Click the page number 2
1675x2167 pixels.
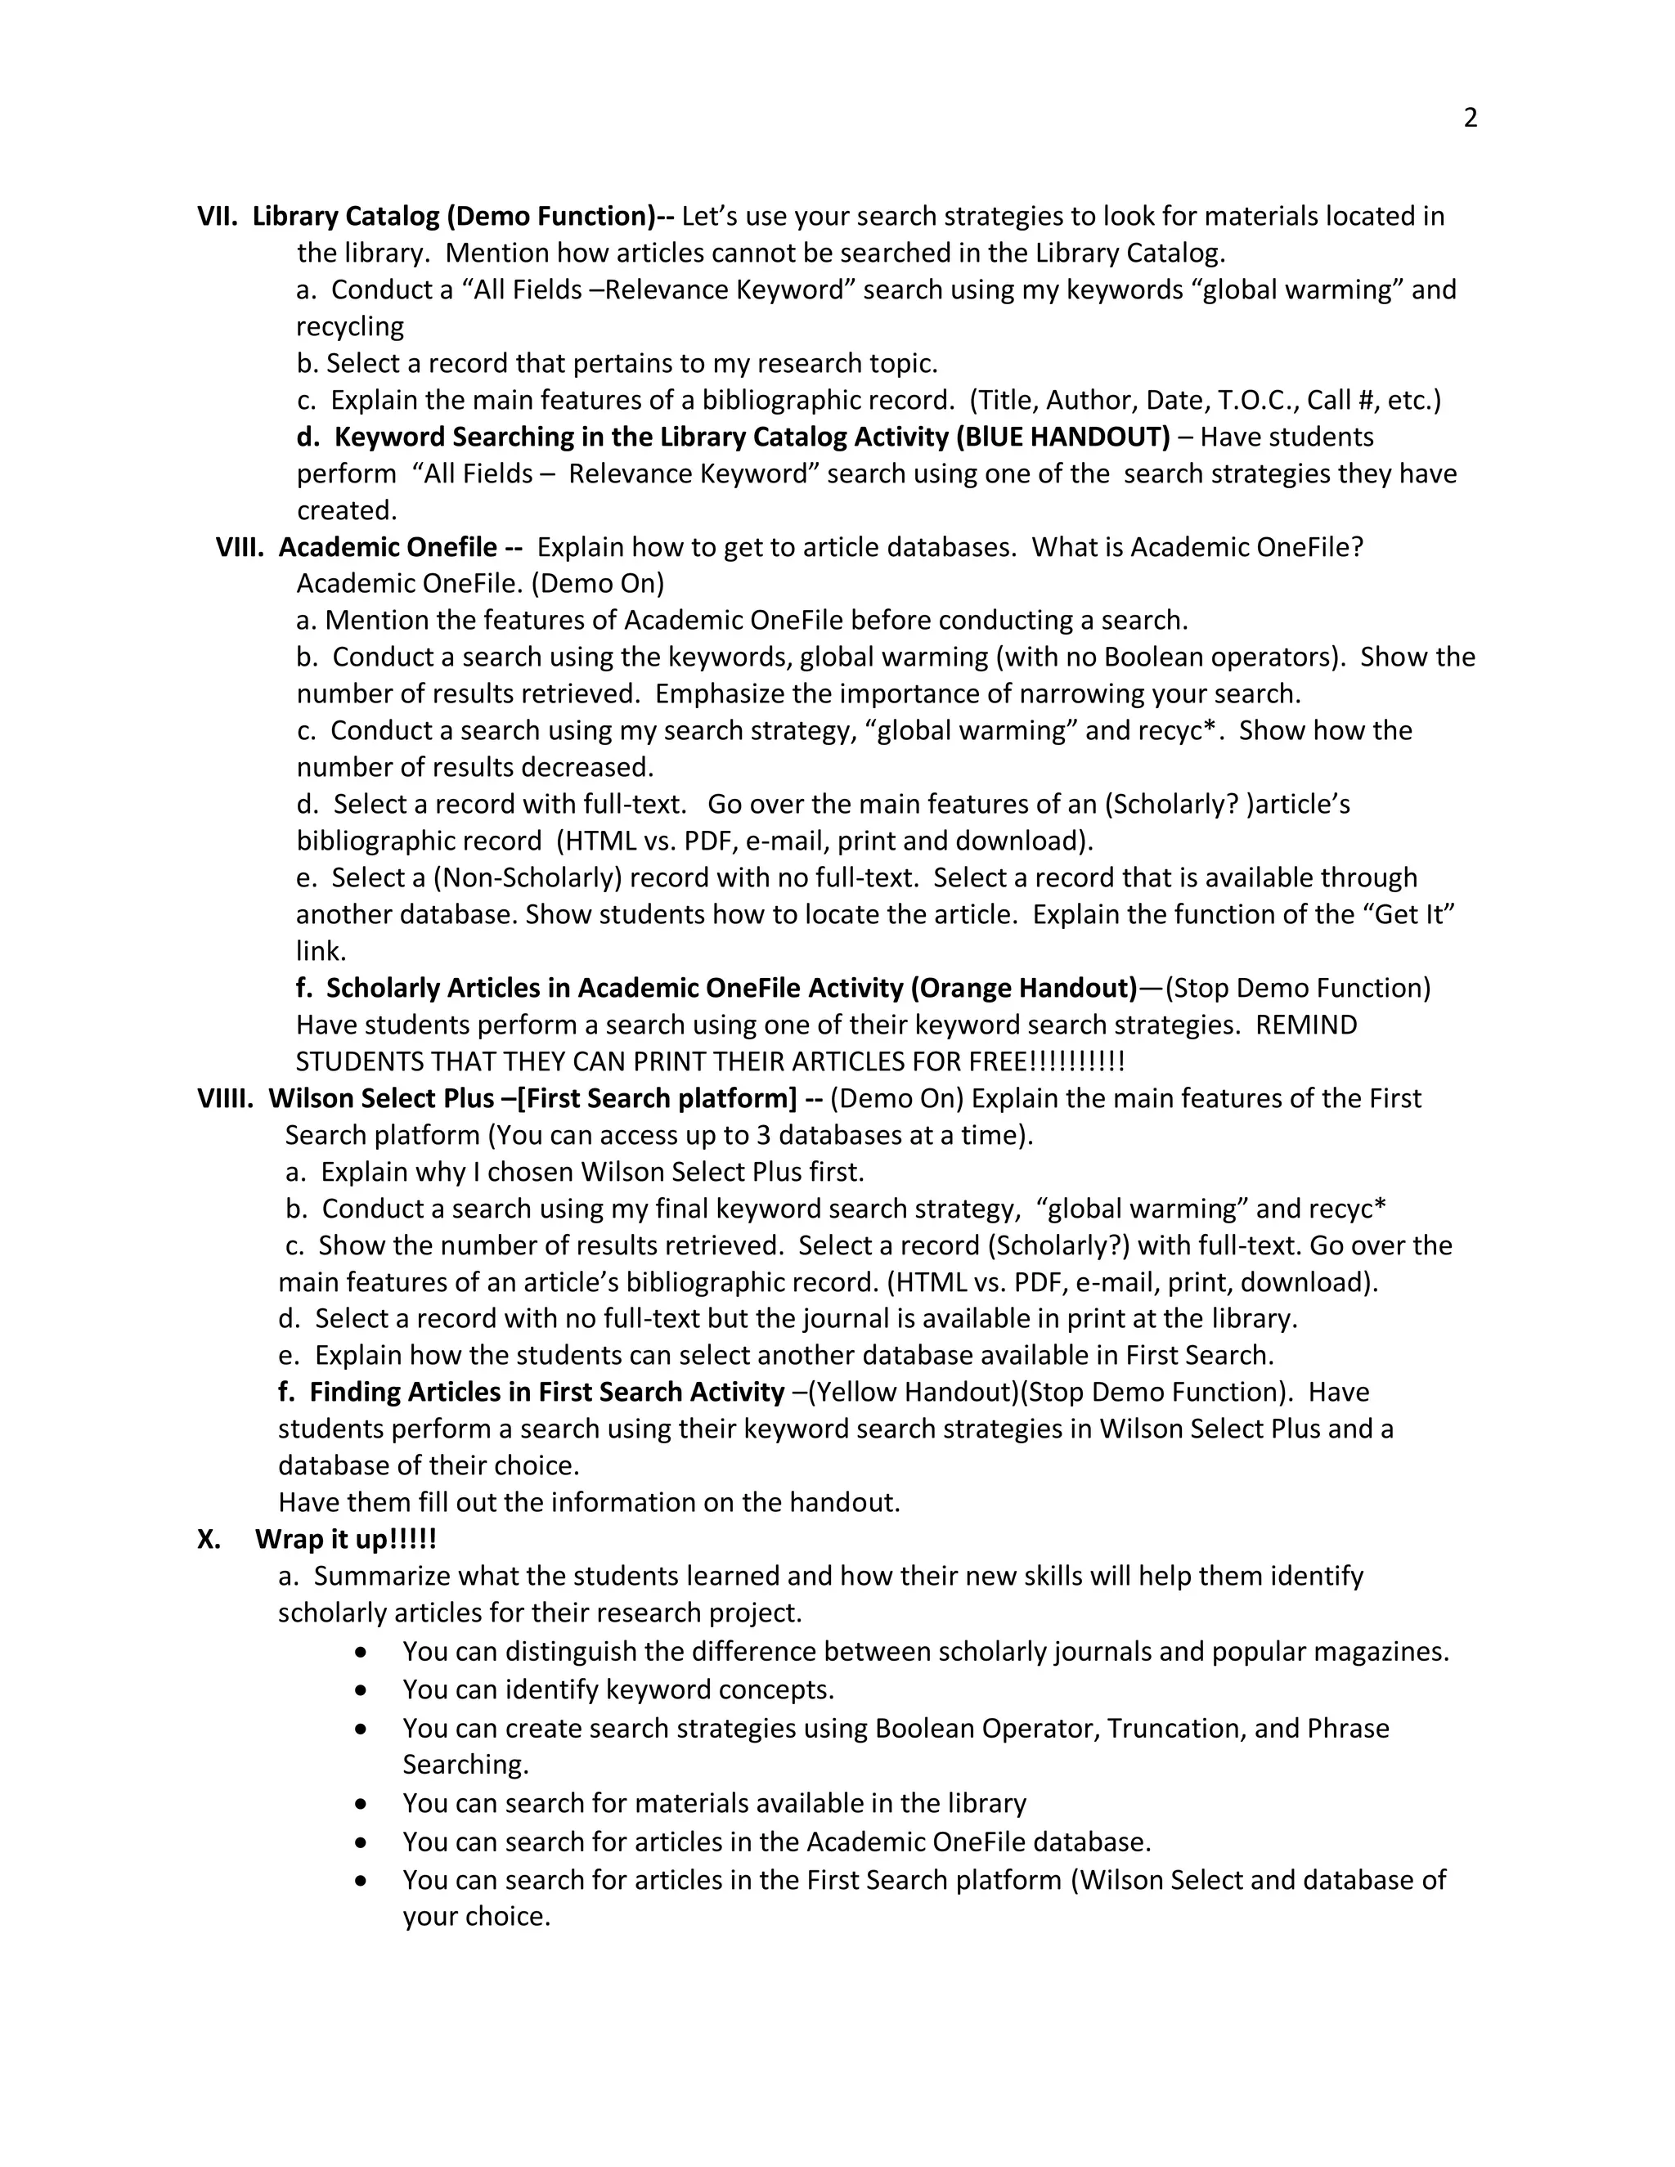[1470, 118]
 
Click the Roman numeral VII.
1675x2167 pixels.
[215, 217]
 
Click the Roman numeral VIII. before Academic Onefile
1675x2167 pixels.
[239, 547]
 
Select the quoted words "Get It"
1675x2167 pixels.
[1413, 914]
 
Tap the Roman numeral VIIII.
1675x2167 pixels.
[225, 1098]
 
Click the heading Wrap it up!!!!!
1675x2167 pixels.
[345, 1539]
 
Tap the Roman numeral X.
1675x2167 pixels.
[208, 1539]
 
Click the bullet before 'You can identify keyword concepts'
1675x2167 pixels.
[361, 1689]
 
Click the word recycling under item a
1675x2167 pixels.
[350, 326]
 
